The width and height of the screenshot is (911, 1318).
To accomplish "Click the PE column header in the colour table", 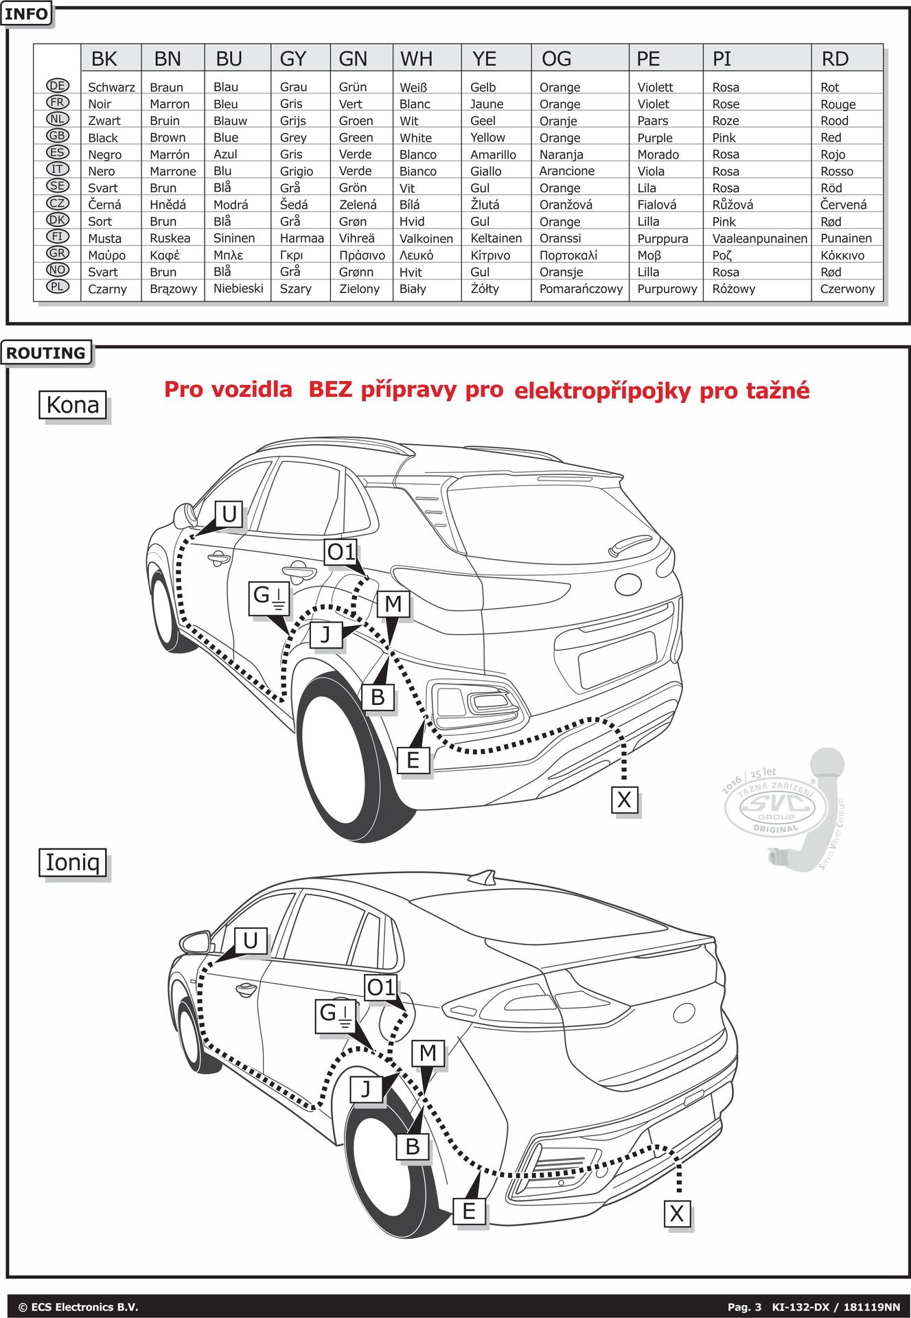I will click(x=648, y=59).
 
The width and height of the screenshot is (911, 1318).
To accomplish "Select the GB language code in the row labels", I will click(x=58, y=136).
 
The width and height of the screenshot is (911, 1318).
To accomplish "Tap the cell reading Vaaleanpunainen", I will click(x=759, y=238).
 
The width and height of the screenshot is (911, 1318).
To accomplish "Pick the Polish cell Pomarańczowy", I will click(x=581, y=289).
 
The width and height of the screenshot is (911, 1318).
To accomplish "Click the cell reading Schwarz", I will click(x=111, y=87).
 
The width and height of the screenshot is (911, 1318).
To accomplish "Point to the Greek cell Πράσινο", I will click(x=362, y=255).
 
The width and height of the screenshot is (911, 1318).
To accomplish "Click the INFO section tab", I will click(x=27, y=14).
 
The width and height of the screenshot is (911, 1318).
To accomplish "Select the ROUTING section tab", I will click(x=46, y=353).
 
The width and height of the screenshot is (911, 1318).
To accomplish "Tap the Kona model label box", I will click(x=73, y=405).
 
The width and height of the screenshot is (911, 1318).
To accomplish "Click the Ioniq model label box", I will click(x=73, y=862).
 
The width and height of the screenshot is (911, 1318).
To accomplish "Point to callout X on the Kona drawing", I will click(x=624, y=800).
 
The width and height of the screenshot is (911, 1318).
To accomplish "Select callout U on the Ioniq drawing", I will click(x=251, y=940).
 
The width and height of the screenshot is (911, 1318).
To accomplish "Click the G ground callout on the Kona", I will click(x=269, y=598).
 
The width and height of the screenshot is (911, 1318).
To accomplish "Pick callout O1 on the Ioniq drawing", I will click(x=381, y=988).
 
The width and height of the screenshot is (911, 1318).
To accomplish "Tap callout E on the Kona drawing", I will click(x=413, y=760).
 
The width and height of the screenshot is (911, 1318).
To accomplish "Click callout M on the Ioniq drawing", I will click(x=428, y=1052).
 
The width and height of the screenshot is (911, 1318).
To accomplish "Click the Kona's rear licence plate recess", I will click(x=616, y=657).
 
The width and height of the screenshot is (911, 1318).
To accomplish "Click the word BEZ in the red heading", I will click(x=330, y=390).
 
